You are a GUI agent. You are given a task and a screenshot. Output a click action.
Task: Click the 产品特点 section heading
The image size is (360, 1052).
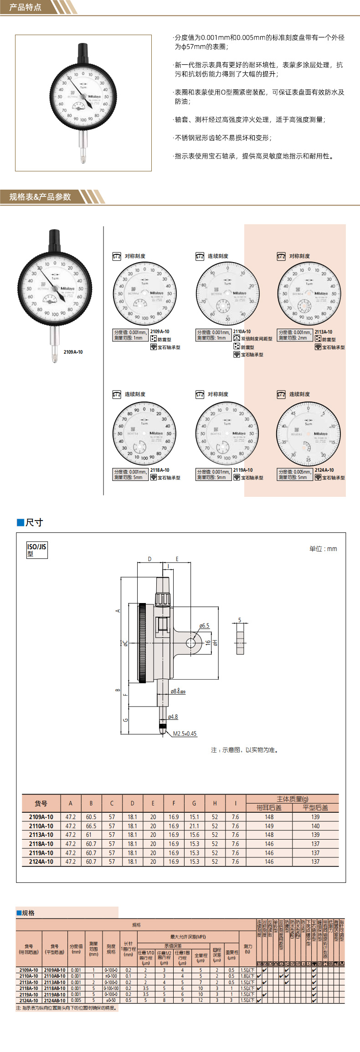click(x=26, y=7)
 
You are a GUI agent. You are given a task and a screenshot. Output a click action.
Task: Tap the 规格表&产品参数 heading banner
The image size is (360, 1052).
click(x=40, y=197)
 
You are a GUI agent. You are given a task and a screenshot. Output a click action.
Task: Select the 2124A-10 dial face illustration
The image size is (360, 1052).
click(x=308, y=433)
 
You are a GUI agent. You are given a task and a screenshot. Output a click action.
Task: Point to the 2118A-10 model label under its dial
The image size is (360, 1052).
click(x=159, y=470)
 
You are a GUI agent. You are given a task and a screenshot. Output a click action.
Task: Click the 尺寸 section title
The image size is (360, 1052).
click(x=34, y=522)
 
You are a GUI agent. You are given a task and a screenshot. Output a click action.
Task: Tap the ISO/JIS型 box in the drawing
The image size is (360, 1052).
click(x=36, y=550)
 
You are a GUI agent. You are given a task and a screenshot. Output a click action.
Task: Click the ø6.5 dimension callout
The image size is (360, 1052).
click(x=204, y=626)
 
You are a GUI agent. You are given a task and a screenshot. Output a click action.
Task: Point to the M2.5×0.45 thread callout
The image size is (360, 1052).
click(x=185, y=733)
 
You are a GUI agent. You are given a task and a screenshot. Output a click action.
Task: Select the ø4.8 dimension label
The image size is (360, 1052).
click(x=173, y=717)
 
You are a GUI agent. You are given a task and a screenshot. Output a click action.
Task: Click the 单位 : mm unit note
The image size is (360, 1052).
click(x=323, y=549)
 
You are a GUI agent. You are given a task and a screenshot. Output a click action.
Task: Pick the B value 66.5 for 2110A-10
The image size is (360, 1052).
click(x=91, y=826)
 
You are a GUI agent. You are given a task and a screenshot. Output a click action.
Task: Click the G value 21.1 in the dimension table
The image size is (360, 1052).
click(x=194, y=826)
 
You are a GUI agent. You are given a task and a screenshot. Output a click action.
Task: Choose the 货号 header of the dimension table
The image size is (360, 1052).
click(x=41, y=804)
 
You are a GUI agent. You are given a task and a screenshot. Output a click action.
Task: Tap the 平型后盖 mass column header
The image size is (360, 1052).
click(x=315, y=808)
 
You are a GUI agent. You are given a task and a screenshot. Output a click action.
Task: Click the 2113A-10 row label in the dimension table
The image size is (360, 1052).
click(x=41, y=835)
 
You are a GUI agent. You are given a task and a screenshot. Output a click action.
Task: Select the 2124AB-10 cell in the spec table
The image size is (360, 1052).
click(x=55, y=1000)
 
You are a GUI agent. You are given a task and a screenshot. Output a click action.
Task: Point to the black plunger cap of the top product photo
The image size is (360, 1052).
click(x=83, y=53)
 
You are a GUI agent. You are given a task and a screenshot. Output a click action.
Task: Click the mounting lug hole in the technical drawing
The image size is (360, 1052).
click(x=191, y=643)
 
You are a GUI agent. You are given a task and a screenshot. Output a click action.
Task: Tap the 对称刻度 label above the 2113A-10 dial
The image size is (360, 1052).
click(x=299, y=256)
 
